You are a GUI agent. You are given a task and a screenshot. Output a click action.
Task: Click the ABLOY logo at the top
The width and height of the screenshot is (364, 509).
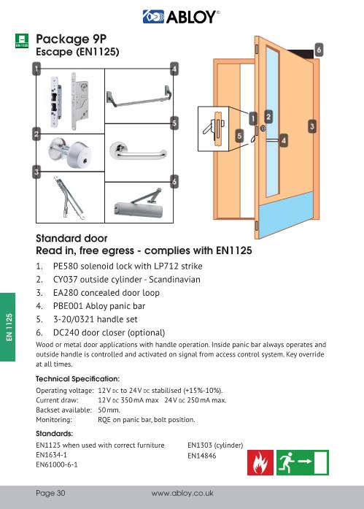(x=181, y=17)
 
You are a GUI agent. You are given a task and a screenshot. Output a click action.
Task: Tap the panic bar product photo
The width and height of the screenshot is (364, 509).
(x=139, y=96)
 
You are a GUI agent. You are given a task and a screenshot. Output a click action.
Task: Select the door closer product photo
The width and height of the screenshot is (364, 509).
(x=139, y=204)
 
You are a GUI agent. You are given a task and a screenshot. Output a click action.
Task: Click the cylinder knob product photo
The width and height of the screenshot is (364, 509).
(x=70, y=152)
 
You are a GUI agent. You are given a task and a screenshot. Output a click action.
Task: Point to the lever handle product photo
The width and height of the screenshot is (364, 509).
(x=137, y=152)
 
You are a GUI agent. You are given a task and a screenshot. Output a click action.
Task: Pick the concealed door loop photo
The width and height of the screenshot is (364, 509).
(x=69, y=198)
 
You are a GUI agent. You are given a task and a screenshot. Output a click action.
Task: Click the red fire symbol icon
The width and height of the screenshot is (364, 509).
(x=260, y=462)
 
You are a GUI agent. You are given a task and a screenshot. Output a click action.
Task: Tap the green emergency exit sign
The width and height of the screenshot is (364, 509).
(x=303, y=462)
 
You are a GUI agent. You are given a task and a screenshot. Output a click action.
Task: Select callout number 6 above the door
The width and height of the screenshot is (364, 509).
(x=319, y=50)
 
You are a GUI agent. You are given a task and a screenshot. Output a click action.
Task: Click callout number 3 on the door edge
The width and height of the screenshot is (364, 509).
(x=311, y=126)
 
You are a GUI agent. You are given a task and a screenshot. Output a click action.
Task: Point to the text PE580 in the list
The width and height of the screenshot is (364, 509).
(x=66, y=267)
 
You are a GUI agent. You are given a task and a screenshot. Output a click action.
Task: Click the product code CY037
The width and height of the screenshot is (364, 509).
(x=65, y=280)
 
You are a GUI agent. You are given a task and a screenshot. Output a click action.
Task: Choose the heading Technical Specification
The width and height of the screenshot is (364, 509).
(x=78, y=379)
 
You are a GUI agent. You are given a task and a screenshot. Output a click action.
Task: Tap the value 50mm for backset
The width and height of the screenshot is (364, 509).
(x=109, y=410)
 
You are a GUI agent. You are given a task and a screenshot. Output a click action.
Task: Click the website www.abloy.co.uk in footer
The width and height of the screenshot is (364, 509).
(x=182, y=494)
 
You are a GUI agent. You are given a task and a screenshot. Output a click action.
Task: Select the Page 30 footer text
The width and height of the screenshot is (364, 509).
(x=50, y=493)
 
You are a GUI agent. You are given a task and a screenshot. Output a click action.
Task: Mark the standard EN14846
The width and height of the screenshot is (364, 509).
(x=201, y=456)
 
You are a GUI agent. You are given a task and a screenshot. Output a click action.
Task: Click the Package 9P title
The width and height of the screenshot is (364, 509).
(x=71, y=39)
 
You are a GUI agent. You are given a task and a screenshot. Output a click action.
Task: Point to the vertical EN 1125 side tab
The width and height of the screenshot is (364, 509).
(x=8, y=327)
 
